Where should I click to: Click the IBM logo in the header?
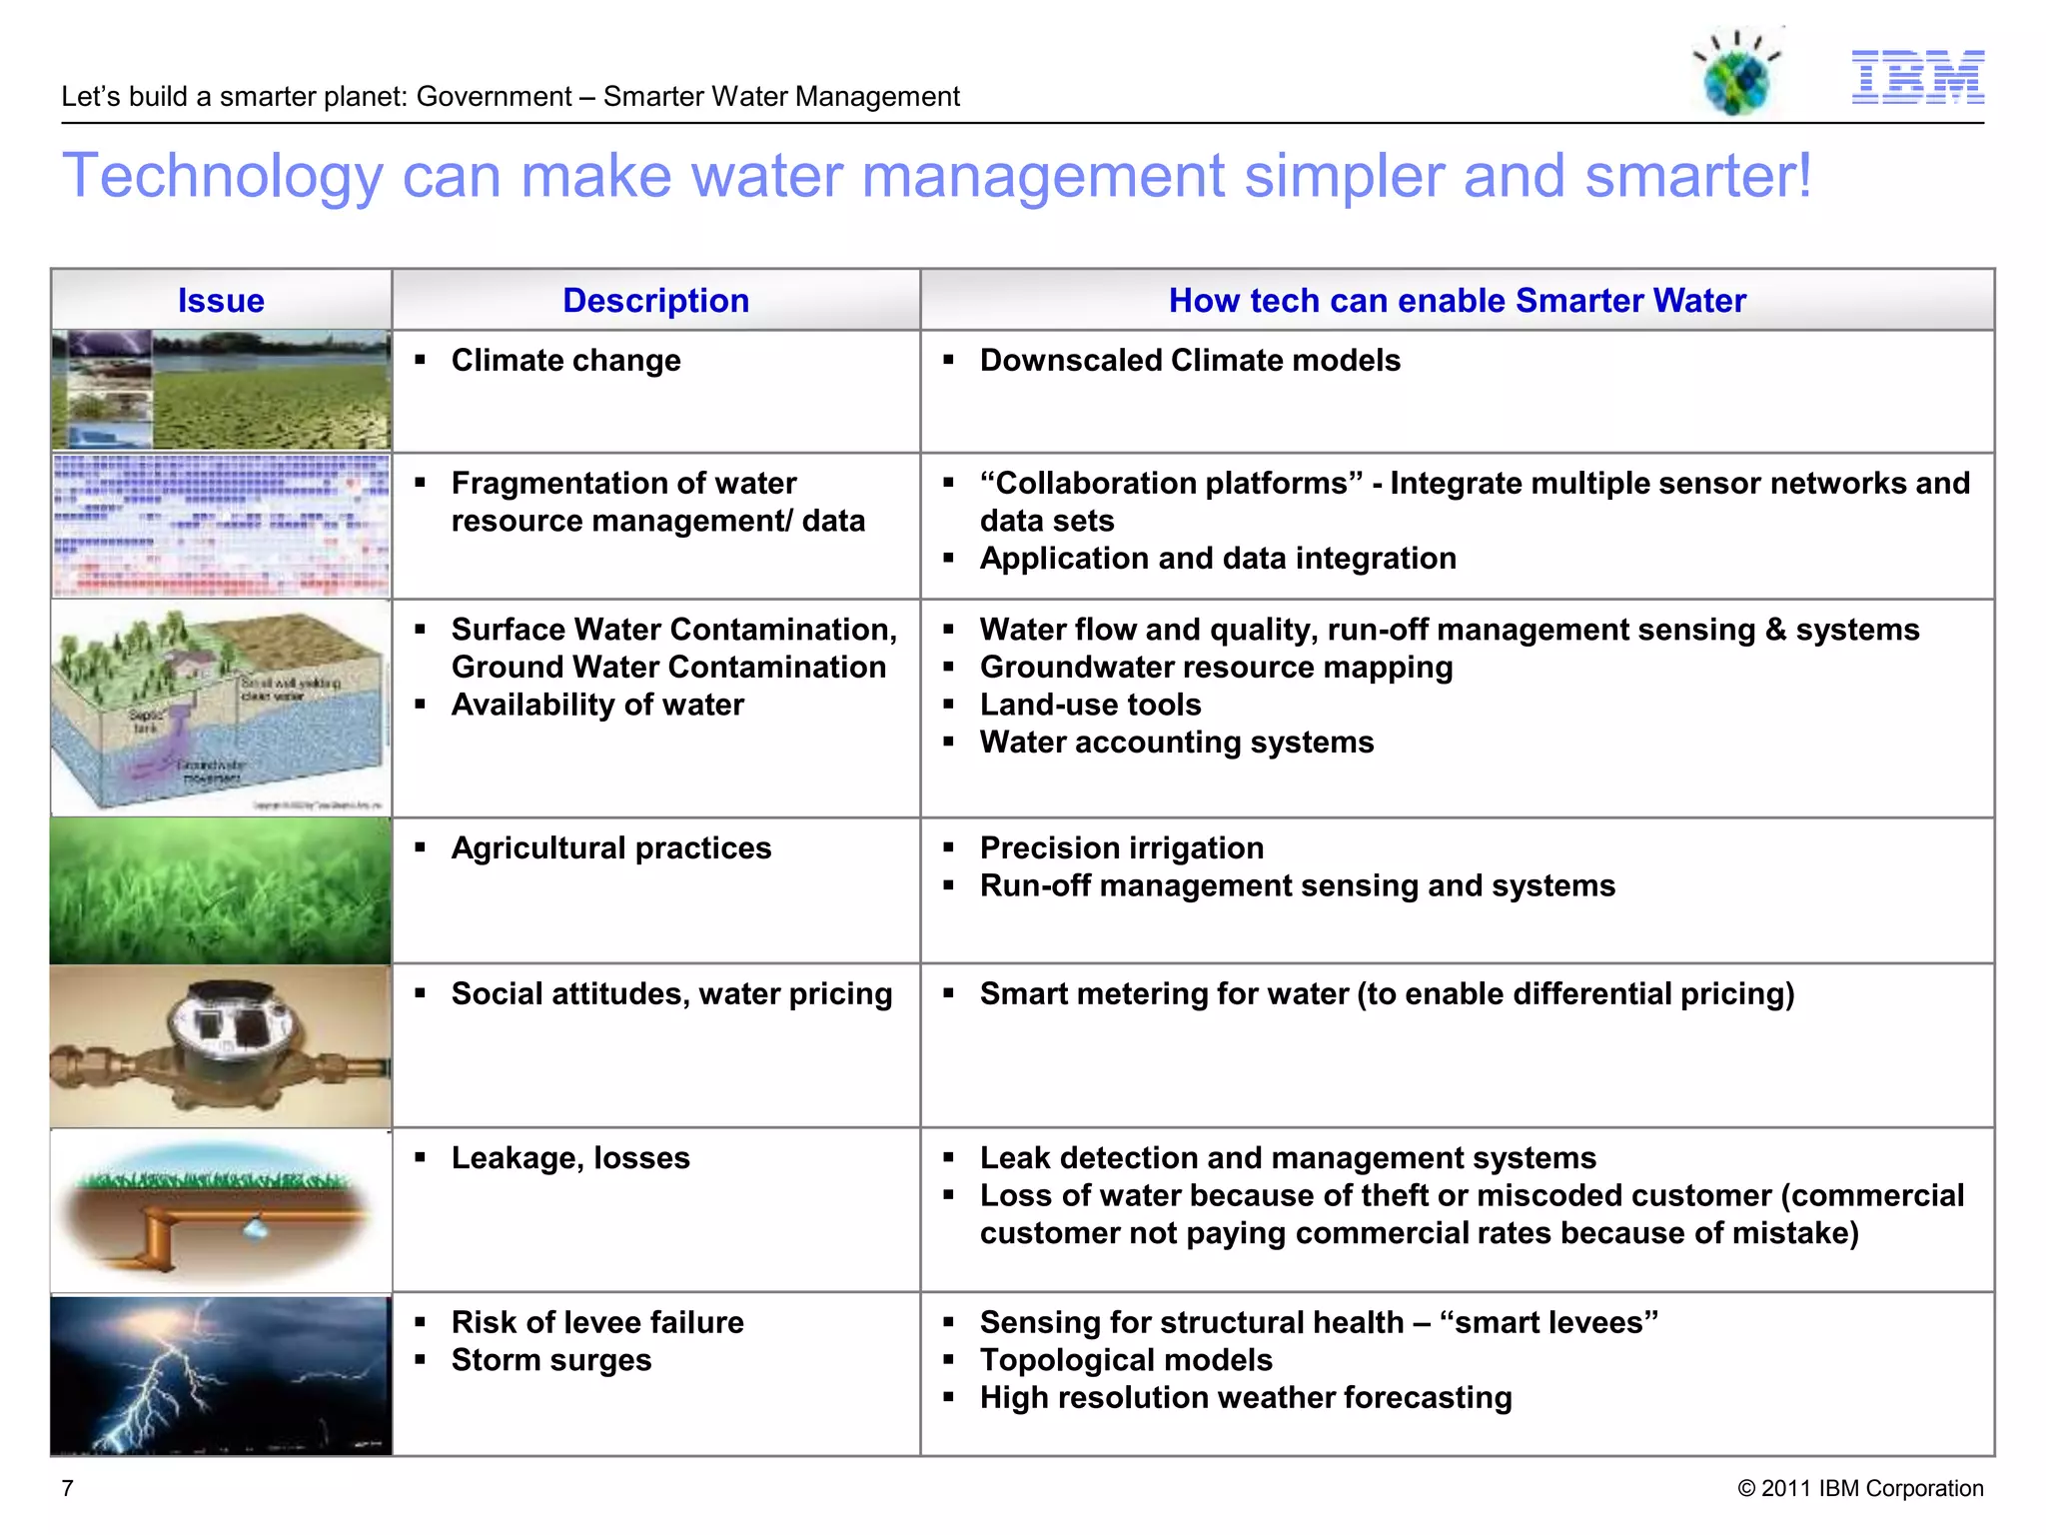[1917, 77]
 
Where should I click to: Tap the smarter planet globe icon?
[1738, 76]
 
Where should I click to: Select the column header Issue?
[221, 301]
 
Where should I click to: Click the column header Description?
[655, 301]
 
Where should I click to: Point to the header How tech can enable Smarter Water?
[1457, 301]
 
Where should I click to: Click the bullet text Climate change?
[565, 360]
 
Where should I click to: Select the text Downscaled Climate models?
[1189, 360]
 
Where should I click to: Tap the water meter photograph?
[221, 1045]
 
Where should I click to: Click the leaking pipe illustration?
[221, 1210]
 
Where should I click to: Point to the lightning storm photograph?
[221, 1375]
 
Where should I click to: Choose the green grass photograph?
[221, 890]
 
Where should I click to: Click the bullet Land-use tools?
[1090, 705]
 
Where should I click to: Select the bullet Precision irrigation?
[1121, 847]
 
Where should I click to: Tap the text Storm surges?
[550, 1360]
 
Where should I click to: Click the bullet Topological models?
[1126, 1360]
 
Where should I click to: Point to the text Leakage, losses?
[570, 1157]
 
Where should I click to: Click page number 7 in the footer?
[68, 1488]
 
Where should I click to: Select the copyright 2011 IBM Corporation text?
[1860, 1488]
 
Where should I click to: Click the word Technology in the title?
[223, 177]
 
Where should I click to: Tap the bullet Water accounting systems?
[1176, 743]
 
